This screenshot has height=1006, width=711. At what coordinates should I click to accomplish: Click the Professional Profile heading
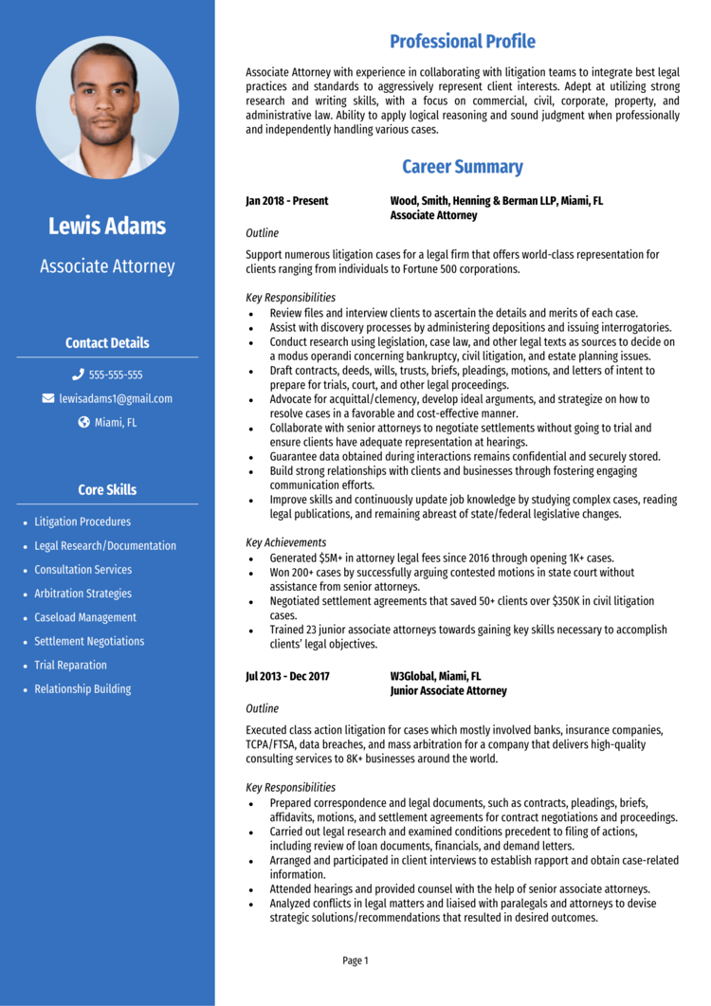coord(463,42)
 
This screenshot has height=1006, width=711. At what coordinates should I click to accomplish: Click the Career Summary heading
coord(463,167)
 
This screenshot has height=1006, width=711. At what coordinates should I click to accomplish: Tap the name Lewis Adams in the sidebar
coord(107,226)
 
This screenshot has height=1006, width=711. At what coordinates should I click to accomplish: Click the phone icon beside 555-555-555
coord(78,375)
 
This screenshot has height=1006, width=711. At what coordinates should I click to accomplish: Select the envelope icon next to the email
coord(48,399)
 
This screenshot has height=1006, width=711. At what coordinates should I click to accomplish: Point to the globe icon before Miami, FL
coord(83,423)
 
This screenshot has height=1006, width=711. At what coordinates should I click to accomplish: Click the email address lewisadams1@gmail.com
coord(116,399)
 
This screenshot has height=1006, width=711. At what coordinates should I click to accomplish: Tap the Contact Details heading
coord(107,343)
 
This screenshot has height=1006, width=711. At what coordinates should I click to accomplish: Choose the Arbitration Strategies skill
coord(83,594)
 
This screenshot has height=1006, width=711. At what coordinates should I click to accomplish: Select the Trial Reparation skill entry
coord(71,666)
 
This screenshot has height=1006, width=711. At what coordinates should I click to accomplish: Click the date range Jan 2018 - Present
coord(287,201)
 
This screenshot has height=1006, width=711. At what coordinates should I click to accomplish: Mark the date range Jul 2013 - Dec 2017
coord(287,676)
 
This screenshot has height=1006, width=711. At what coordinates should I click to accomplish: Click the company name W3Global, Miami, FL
coord(435,676)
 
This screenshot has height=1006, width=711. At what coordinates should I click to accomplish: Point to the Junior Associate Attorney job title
coord(448,691)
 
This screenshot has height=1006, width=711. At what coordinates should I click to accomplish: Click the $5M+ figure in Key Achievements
coord(336,558)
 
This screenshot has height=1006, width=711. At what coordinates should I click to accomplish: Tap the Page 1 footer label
coord(355,960)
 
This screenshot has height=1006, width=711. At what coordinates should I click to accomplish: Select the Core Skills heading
coord(107,490)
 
